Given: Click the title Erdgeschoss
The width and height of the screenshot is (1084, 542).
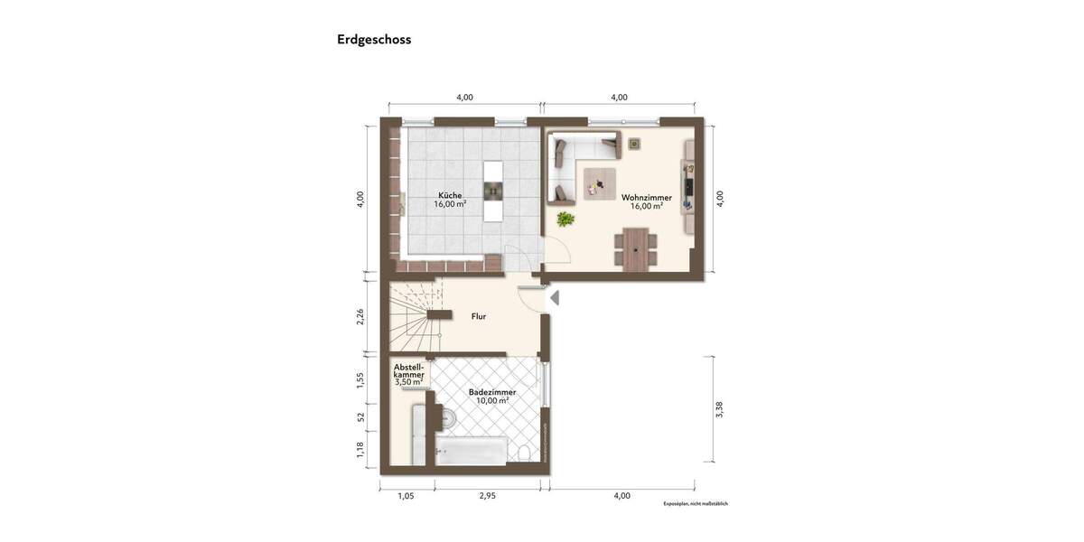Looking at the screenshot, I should pos(374,40).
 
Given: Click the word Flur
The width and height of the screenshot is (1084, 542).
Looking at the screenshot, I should pos(479,317).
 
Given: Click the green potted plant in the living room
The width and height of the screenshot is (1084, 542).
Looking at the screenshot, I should pos(565,219).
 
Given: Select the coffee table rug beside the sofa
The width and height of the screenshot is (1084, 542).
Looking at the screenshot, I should pos(600,183).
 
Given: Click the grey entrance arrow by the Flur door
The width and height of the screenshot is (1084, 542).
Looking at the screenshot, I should pos(555,297).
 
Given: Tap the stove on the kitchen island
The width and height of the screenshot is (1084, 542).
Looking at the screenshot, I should pos(493,190).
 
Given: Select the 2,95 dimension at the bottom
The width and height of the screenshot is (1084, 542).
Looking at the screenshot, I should pos(488,496).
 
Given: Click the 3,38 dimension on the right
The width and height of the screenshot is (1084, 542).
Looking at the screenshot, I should pos(719,409).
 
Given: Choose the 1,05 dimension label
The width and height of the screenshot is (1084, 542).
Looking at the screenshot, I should pos(406,496).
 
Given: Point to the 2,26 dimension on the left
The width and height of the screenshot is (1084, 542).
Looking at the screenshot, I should pos(360,317).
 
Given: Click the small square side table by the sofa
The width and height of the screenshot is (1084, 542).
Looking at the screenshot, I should pos(634,143).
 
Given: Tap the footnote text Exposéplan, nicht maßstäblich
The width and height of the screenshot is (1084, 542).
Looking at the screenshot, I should pos(695,503).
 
